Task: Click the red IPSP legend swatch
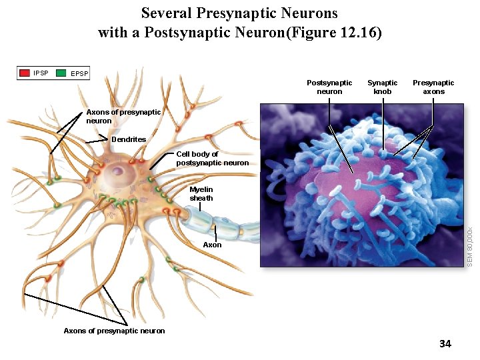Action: pos(25,73)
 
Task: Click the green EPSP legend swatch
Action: pos(62,73)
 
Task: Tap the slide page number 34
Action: pos(445,344)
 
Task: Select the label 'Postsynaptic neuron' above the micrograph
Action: pos(329,87)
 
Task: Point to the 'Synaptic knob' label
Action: pos(383,87)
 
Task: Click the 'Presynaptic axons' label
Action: pos(433,87)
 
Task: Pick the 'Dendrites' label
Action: pos(129,139)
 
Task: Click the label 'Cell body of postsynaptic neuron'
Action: pos(212,159)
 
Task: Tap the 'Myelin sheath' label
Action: pos(201,194)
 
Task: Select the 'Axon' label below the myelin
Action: pos(212,245)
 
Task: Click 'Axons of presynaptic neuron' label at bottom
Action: pos(114,331)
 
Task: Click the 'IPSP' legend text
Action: pos(41,73)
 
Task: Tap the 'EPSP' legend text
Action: pos(79,73)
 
